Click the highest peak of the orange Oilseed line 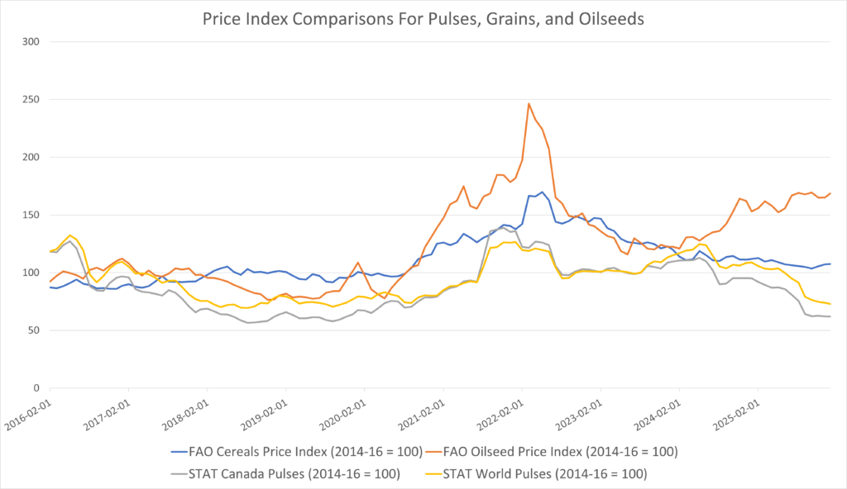[529, 103]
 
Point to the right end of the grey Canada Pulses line [830, 316]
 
